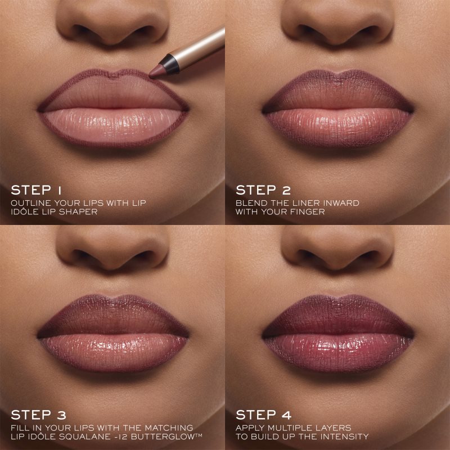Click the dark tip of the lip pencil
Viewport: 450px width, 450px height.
tap(156, 70)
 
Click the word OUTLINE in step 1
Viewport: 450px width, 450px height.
tap(28, 202)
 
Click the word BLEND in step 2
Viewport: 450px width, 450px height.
tap(249, 202)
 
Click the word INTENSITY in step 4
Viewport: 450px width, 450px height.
tap(346, 437)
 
